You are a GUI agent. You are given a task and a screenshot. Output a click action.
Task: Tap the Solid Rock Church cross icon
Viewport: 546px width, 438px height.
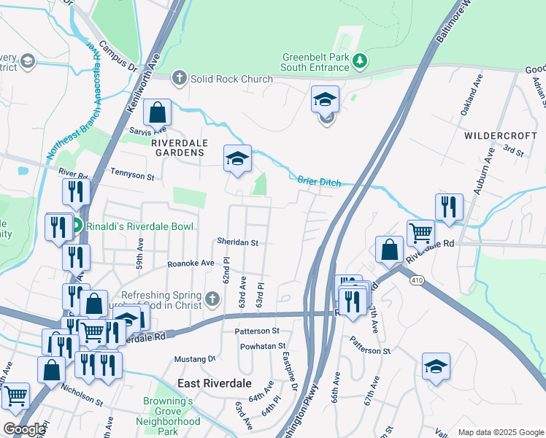(x=179, y=78)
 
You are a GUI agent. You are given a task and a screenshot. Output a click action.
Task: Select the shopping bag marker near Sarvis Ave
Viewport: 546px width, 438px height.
(x=157, y=113)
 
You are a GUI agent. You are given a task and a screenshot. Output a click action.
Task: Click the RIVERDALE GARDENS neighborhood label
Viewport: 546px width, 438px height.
(x=178, y=148)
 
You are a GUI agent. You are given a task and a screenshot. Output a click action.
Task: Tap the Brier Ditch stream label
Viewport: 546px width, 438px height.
(x=319, y=182)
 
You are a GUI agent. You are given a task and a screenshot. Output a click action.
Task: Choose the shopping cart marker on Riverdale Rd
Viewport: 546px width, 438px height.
(x=420, y=234)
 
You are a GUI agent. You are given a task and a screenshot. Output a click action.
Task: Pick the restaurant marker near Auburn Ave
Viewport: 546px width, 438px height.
(x=449, y=207)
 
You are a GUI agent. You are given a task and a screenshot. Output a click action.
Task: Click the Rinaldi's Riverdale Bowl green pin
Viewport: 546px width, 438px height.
(x=76, y=226)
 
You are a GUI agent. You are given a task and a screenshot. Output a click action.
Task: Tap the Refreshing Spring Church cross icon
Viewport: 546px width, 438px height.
(x=212, y=299)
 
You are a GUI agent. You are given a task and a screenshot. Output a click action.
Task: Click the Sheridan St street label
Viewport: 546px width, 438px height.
(x=237, y=242)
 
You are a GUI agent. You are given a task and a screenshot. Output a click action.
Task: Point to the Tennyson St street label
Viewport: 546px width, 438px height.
(x=132, y=177)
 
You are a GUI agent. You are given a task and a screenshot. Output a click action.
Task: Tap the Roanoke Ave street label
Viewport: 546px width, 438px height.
(x=191, y=263)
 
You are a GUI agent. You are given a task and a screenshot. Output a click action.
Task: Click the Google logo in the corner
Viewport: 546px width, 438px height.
(x=24, y=429)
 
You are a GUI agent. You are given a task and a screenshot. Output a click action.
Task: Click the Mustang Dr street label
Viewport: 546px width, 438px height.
(x=195, y=359)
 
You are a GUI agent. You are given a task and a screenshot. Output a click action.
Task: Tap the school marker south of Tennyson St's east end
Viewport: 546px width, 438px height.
(x=237, y=159)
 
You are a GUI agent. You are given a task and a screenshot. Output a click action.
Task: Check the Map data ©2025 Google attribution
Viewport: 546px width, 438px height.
(x=499, y=432)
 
